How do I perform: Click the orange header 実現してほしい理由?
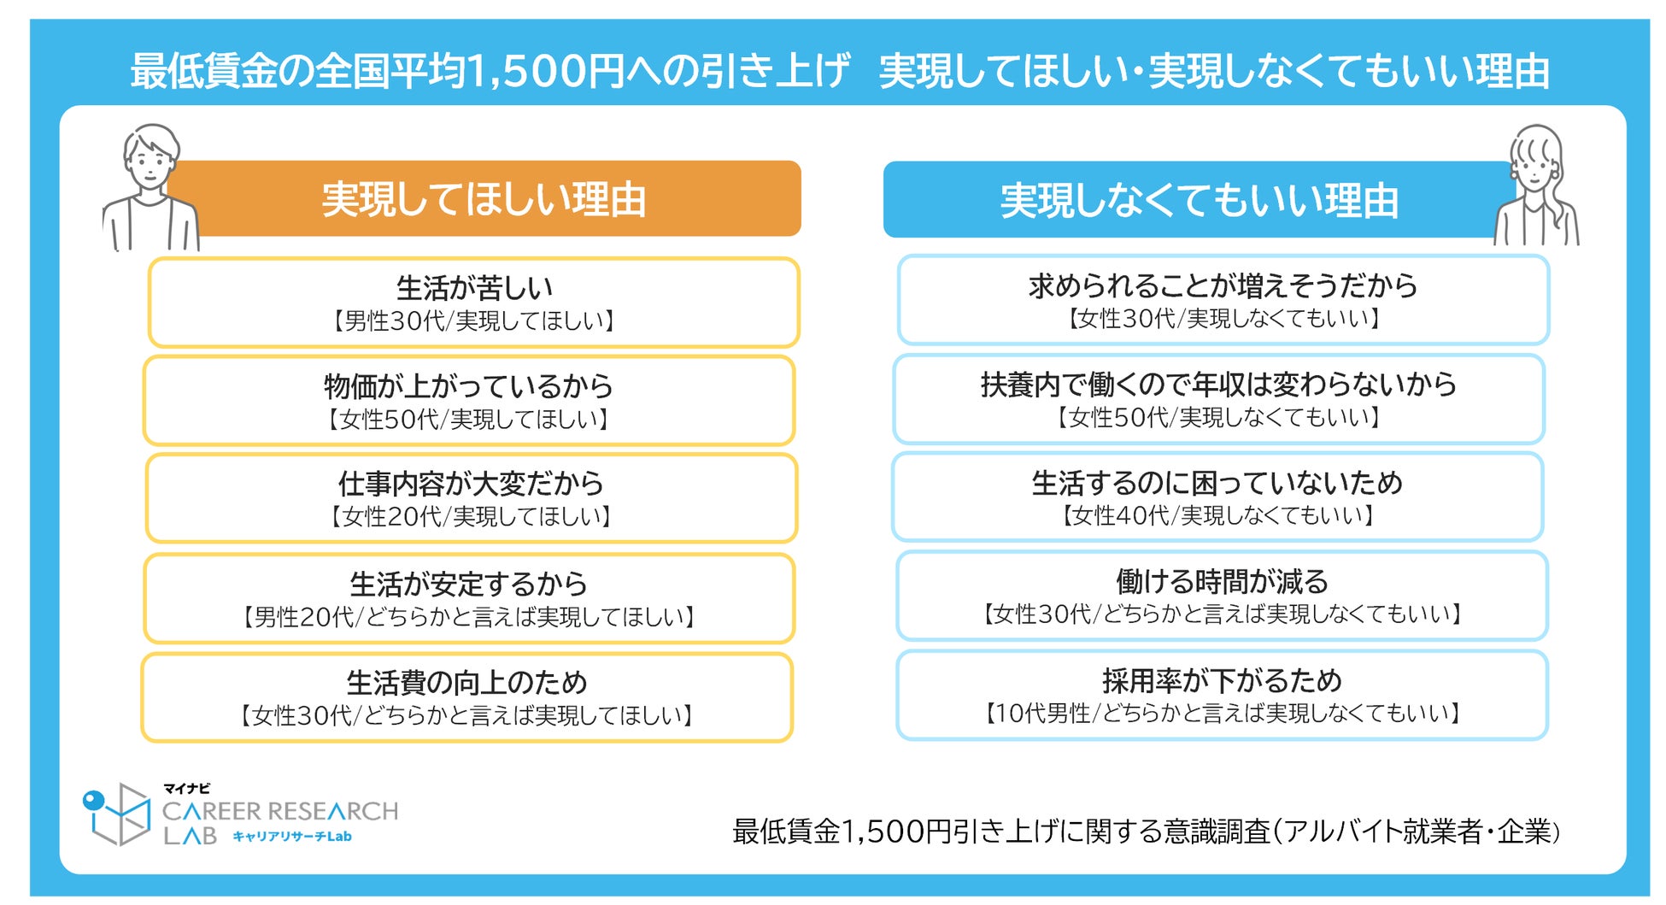[484, 199]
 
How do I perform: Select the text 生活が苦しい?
[474, 288]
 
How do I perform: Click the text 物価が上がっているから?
[468, 386]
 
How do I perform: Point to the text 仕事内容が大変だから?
[471, 484]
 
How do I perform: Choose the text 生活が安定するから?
[468, 585]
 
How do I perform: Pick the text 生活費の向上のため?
[466, 683]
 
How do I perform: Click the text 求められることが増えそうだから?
[1223, 285]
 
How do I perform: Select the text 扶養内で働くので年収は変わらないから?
[1218, 385]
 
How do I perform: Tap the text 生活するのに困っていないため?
[1217, 483]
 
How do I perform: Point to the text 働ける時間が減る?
[1222, 582]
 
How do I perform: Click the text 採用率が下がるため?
[1222, 681]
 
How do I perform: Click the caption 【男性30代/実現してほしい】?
[474, 321]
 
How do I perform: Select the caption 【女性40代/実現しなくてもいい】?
[1217, 515]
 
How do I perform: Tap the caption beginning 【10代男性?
[1222, 714]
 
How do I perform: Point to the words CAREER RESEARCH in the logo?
[280, 811]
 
